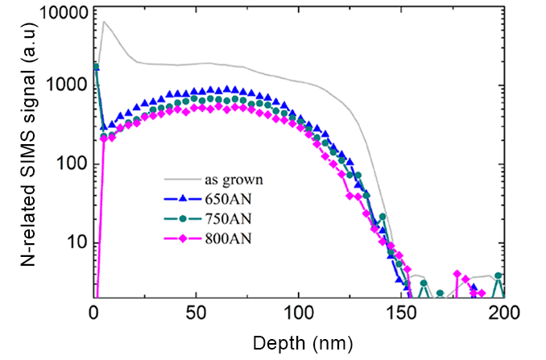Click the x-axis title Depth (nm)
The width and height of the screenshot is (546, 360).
tap(303, 344)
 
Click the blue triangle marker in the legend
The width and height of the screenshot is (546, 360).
tap(184, 198)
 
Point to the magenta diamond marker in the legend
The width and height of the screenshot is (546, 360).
tap(184, 236)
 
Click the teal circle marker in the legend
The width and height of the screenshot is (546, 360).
tap(184, 217)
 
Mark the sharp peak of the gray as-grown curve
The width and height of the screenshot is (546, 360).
tap(104, 22)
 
